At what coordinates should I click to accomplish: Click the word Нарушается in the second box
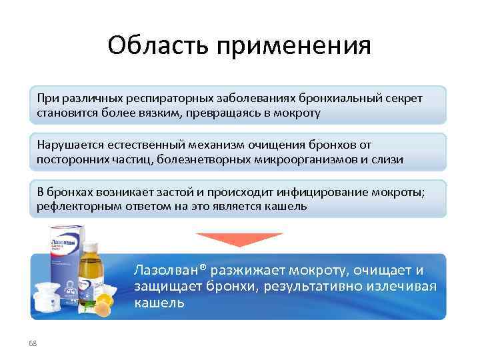point(68,145)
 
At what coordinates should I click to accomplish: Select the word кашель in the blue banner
point(159,303)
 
